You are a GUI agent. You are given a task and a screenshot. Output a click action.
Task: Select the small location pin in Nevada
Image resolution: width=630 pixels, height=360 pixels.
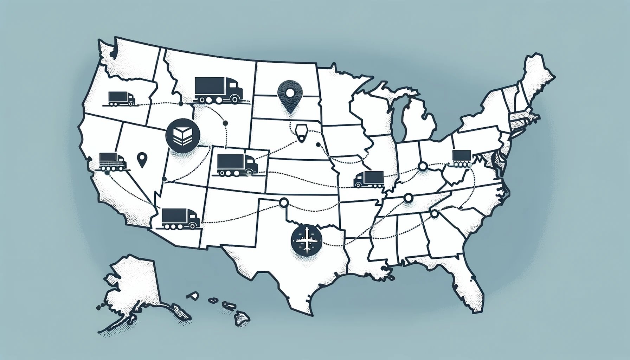tap(142, 160)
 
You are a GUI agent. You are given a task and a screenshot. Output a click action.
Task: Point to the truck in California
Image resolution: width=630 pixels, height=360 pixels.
tap(112, 162)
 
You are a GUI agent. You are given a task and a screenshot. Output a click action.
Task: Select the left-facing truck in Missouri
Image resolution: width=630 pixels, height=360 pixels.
tap(369, 179)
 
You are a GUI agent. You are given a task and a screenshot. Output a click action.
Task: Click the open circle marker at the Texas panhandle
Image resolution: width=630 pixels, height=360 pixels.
tap(283, 202)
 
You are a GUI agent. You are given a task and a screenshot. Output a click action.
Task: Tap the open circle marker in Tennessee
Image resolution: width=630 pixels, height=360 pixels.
tap(408, 198)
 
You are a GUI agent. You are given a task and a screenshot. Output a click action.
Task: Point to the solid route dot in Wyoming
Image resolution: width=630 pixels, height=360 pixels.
tap(225, 123)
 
